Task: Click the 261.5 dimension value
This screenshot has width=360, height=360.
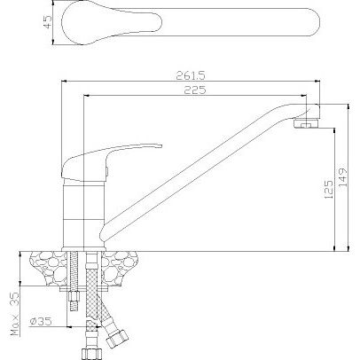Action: coord(191,75)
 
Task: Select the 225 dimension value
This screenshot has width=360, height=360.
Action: coord(195,90)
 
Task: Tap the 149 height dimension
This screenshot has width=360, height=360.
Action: coord(343,177)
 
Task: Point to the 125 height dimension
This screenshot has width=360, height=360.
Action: coord(329,189)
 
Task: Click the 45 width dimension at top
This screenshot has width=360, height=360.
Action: coord(47,21)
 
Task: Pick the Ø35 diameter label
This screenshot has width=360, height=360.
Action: coord(41,321)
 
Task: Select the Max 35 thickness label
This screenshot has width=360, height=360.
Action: coord(15,314)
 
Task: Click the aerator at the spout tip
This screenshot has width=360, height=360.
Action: coord(307,123)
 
